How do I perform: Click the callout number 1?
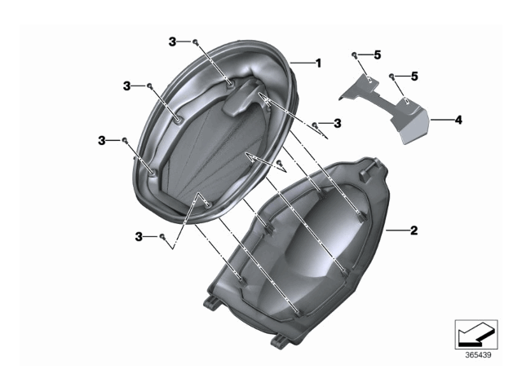(319, 63)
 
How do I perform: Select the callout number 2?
(414, 231)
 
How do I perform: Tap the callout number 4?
(458, 120)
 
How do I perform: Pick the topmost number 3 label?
(172, 42)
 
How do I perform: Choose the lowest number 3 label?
(139, 236)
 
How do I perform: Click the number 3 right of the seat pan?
(337, 123)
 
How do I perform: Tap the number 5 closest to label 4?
(414, 76)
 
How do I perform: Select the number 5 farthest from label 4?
(377, 55)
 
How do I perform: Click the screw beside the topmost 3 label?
(197, 41)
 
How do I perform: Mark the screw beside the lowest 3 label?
(162, 236)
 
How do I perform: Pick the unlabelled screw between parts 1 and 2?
(281, 163)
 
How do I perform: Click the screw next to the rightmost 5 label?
(392, 76)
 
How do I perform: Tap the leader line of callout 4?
(441, 120)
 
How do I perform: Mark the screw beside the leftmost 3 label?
(124, 140)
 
